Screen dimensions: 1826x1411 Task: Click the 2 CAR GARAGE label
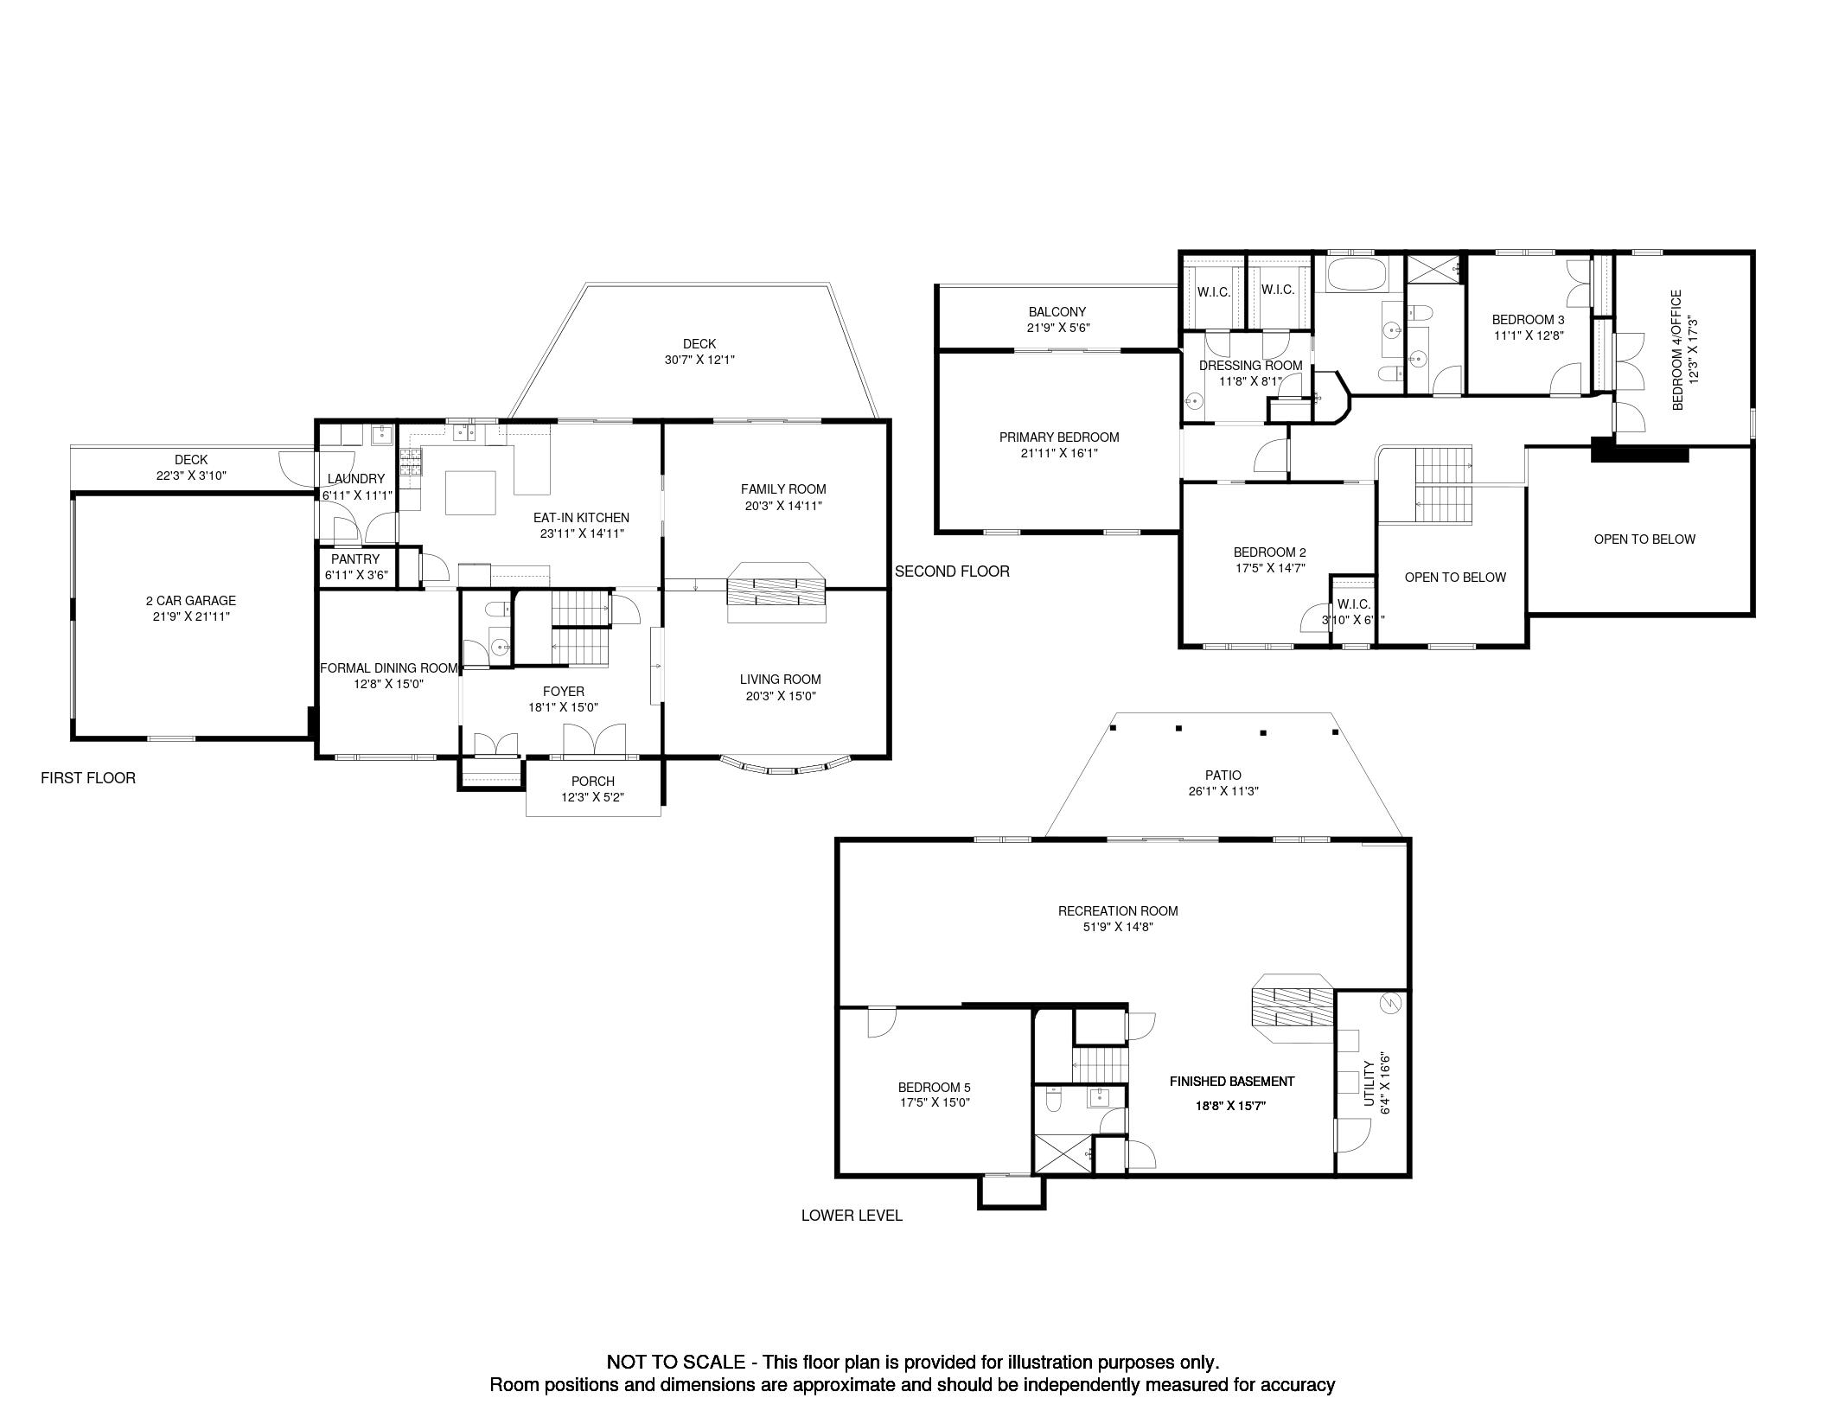point(190,600)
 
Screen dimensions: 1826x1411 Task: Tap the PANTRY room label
point(355,559)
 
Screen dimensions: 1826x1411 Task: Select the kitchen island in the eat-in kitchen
point(470,493)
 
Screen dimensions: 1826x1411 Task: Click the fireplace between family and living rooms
point(776,592)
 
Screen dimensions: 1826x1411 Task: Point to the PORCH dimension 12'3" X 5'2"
point(593,797)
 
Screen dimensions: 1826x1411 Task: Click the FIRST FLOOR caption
point(88,778)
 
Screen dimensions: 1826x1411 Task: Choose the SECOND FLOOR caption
point(952,571)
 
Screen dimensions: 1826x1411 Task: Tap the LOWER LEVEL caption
point(852,1216)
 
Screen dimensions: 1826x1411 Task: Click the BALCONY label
point(1057,312)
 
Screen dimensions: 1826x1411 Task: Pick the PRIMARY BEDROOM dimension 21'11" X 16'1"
point(1059,453)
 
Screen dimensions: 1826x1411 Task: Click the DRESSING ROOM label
point(1250,366)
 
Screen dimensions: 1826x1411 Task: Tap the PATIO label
point(1223,776)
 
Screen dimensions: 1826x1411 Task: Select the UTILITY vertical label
point(1369,1083)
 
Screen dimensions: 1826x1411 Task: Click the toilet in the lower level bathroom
point(1054,1101)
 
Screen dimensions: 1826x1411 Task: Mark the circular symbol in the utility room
point(1390,1002)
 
